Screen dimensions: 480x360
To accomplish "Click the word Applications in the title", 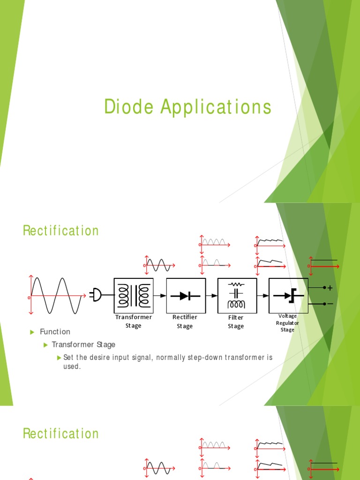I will coord(216,107).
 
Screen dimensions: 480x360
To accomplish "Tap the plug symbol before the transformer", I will coord(97,295).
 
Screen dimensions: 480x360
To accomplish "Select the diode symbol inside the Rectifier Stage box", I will coord(186,296).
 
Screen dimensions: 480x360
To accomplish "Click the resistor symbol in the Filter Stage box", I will coord(236,284).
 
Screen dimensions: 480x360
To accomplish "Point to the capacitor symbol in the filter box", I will coord(236,293).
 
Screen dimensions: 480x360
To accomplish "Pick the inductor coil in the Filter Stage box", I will coord(236,304).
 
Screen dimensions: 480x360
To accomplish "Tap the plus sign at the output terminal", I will coord(330,288).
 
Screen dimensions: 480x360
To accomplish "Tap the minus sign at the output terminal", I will coord(330,304).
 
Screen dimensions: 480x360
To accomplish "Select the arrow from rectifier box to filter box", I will coord(212,296).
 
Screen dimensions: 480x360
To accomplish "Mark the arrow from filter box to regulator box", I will coord(263,296).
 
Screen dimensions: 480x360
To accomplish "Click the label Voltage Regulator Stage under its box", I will coord(288,323).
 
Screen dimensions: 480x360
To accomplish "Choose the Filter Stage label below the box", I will coord(236,322).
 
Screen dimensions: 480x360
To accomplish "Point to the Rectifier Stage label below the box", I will coord(185,322).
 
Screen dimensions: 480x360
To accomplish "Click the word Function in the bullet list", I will coord(55,332).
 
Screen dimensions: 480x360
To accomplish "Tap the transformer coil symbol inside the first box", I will coord(134,295).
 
